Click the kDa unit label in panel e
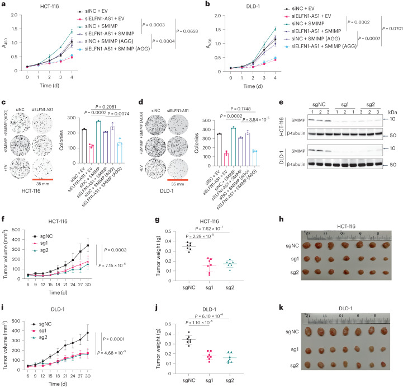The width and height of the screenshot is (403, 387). click(x=393, y=113)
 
